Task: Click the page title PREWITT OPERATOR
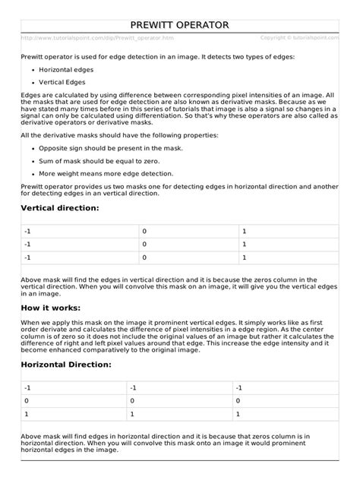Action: click(179, 25)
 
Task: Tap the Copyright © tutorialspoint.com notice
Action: click(298, 37)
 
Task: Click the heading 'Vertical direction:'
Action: click(60, 207)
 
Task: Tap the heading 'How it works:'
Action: click(51, 308)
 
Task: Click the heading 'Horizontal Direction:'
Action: click(66, 365)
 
